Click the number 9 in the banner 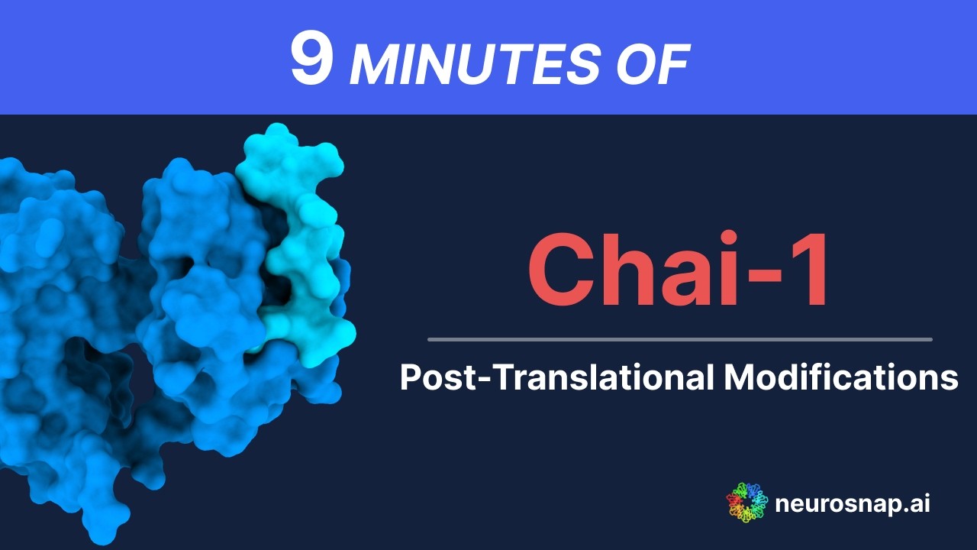(x=312, y=59)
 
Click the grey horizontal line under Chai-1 (x=679, y=339)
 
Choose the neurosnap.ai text (x=852, y=504)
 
